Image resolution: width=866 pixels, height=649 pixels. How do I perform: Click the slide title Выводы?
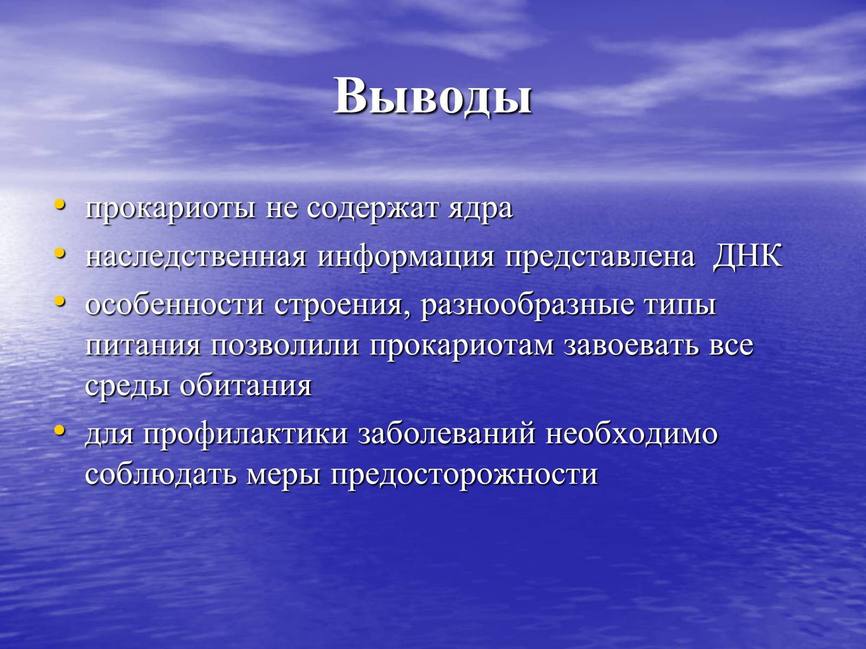[x=433, y=97]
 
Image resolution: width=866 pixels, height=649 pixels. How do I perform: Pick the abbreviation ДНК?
[x=747, y=256]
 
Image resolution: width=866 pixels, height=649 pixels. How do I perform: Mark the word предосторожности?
[x=464, y=475]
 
